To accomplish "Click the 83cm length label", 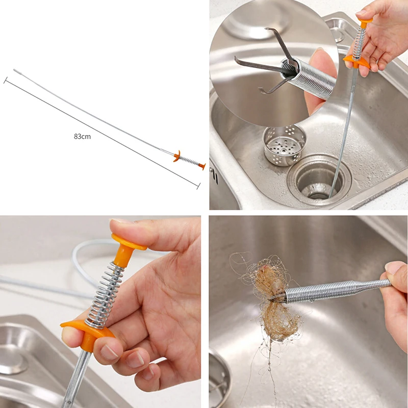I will click(82, 136).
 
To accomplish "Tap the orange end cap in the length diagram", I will click(202, 166).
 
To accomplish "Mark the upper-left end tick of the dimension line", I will click(6, 81).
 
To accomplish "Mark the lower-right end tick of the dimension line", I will click(198, 186).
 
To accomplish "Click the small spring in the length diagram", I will click(189, 161).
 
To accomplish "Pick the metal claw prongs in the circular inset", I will click(265, 66).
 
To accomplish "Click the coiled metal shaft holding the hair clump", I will click(331, 291).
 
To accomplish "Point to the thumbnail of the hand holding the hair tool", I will click(394, 267).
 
